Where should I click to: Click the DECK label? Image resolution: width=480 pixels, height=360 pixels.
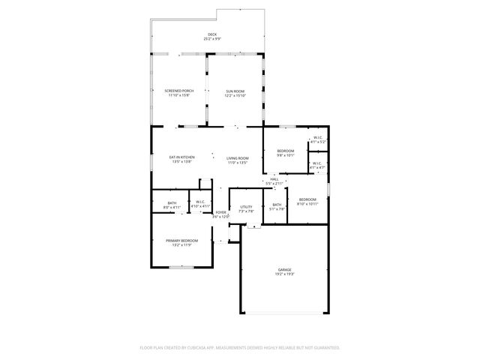click(212, 34)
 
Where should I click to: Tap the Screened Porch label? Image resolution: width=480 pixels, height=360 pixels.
click(179, 91)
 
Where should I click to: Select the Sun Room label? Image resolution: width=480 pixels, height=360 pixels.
click(235, 91)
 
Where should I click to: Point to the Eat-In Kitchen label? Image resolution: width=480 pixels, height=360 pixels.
click(182, 157)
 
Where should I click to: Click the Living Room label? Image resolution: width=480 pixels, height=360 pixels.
click(238, 157)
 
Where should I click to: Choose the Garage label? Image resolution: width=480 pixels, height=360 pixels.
click(284, 269)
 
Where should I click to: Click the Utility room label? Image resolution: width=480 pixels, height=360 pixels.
click(246, 207)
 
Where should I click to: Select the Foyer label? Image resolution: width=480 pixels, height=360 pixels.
click(220, 212)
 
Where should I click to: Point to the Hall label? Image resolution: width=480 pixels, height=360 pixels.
click(274, 179)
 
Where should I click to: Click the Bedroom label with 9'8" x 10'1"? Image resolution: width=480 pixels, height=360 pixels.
click(286, 151)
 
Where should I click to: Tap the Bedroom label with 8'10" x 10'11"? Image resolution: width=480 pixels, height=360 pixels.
click(307, 199)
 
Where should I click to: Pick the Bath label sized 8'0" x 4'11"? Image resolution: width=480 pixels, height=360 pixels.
click(172, 202)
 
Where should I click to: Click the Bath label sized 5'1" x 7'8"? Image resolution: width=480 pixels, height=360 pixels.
click(277, 205)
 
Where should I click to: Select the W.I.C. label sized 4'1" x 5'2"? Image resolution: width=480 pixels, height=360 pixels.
click(318, 137)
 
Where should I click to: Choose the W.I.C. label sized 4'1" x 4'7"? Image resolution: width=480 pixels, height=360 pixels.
click(317, 163)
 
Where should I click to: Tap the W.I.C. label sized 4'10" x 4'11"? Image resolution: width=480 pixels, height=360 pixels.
click(200, 202)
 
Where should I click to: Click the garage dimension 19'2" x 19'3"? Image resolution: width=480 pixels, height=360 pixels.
click(284, 274)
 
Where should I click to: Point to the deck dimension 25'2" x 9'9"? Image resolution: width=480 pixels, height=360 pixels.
click(212, 39)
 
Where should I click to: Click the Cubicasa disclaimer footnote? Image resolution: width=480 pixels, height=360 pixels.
click(240, 347)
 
